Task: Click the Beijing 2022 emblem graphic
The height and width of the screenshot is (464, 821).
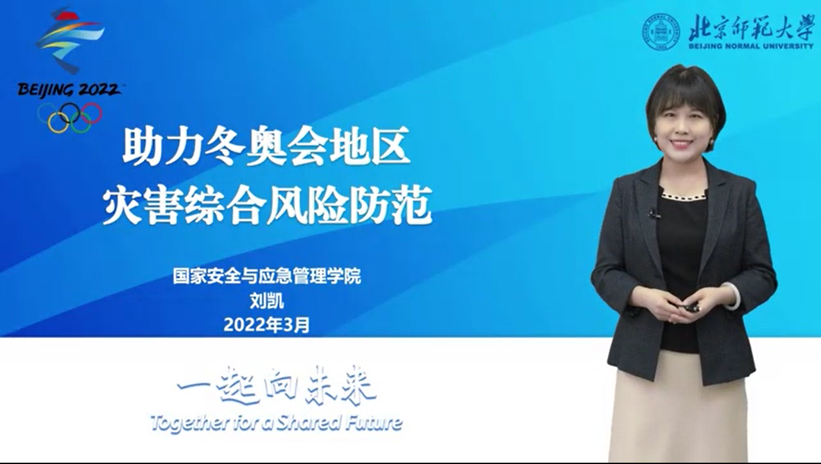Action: click(x=69, y=40)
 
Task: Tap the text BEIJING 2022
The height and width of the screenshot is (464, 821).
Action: click(x=69, y=89)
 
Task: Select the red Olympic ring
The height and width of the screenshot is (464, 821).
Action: click(x=92, y=113)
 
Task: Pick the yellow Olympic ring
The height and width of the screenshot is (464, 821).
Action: click(x=58, y=122)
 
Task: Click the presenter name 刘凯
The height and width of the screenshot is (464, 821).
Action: click(x=267, y=302)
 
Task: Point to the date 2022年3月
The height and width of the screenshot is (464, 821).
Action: click(x=267, y=325)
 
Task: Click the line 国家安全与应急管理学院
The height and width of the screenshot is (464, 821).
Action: click(x=267, y=276)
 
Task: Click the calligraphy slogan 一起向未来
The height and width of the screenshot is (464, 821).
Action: click(x=277, y=386)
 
